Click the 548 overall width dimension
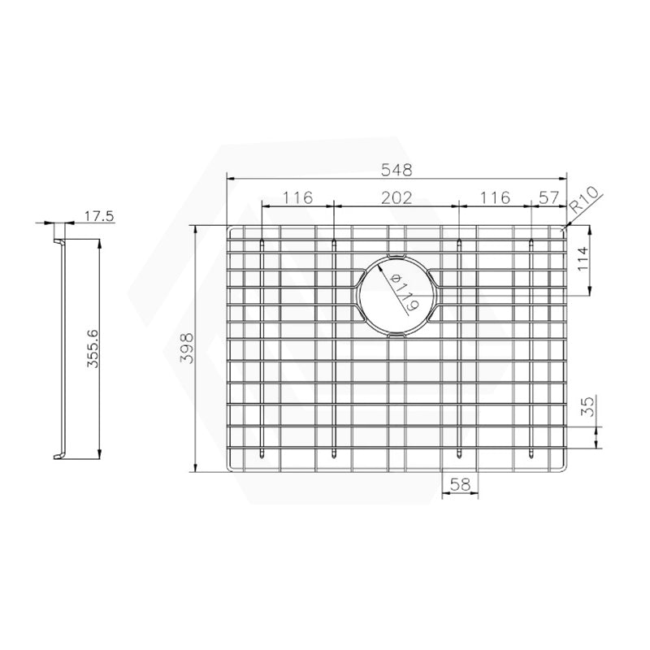click(397, 170)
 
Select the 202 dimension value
click(397, 197)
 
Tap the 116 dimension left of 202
click(298, 197)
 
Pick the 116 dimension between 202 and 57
click(495, 197)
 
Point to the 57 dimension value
click(548, 197)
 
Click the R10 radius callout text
click(584, 200)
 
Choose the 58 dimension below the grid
click(461, 484)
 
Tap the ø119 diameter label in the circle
click(404, 293)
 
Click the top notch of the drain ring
click(397, 258)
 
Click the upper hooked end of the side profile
click(58, 243)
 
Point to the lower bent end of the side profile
click(58, 455)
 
